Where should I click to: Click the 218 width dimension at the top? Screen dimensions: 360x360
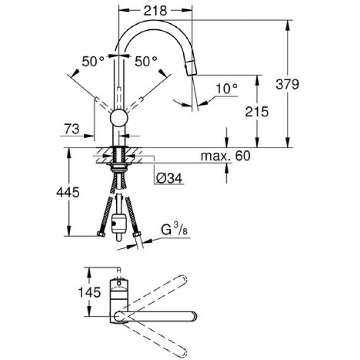pyautogui.click(x=155, y=10)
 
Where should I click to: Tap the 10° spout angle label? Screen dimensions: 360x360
pyautogui.click(x=226, y=88)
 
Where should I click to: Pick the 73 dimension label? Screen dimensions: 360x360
pyautogui.click(x=72, y=130)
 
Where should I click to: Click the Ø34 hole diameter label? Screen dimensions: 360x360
pyautogui.click(x=169, y=178)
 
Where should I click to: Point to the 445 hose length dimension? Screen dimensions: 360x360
pyautogui.click(x=67, y=193)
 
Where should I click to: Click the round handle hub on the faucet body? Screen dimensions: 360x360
pyautogui.click(x=119, y=118)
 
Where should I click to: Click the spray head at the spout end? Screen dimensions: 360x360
pyautogui.click(x=191, y=67)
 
